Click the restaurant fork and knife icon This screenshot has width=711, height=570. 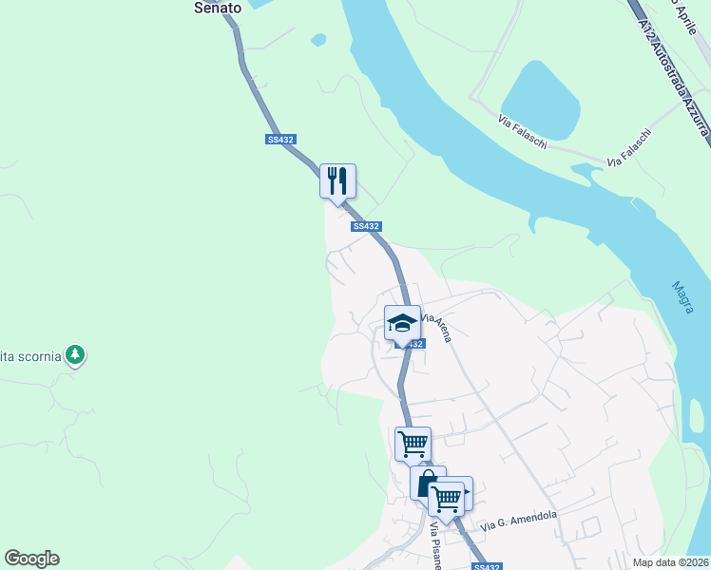tap(337, 180)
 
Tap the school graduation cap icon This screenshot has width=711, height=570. tap(402, 322)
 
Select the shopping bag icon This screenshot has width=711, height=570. tap(428, 483)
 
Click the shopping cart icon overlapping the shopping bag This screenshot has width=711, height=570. tap(446, 498)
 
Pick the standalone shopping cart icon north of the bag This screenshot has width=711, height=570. tap(413, 444)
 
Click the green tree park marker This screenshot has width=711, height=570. tap(76, 355)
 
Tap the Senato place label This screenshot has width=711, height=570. tap(218, 7)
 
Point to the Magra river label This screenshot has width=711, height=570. tap(682, 296)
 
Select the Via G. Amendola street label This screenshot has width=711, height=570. tap(518, 520)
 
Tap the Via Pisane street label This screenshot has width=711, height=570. tap(436, 547)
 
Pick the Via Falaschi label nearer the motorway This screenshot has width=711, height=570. tap(629, 148)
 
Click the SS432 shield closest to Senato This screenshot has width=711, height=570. tap(280, 140)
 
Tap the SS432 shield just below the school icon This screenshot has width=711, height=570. tap(409, 344)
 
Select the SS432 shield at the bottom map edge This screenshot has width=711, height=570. tap(486, 566)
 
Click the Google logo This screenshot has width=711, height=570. tap(31, 559)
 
